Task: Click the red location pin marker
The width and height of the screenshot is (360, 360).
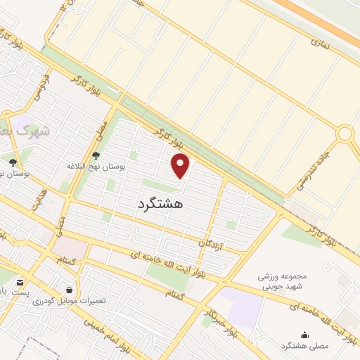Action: (181, 166)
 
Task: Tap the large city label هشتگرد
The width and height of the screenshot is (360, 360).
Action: (158, 203)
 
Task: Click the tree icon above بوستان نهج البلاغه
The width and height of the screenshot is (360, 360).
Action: (96, 155)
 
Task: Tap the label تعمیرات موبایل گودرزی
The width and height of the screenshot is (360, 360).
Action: (70, 301)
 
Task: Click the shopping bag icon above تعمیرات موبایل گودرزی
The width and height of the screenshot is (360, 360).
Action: (69, 289)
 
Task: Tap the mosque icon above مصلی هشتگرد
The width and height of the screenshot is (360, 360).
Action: (304, 335)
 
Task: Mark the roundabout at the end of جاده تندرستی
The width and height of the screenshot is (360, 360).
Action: (345, 133)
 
